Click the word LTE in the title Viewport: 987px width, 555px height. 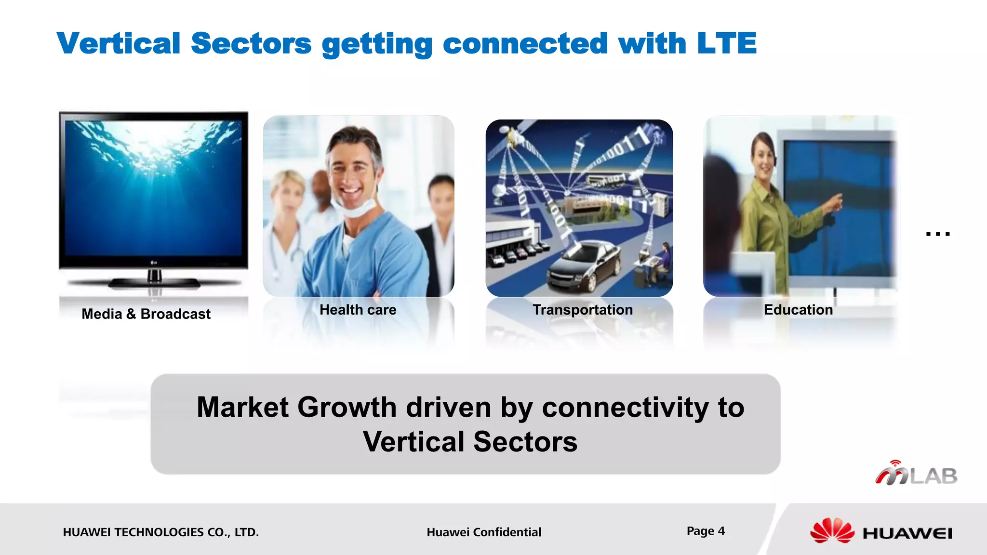(x=727, y=43)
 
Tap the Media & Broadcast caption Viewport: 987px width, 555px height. (x=146, y=314)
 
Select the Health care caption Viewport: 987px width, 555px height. (x=358, y=310)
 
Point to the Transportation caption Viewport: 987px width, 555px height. (x=582, y=310)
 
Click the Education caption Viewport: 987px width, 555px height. (x=798, y=310)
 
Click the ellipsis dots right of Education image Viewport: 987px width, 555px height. (x=937, y=234)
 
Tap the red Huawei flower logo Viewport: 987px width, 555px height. (x=832, y=531)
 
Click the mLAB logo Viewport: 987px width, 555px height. (x=916, y=474)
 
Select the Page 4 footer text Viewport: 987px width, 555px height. (x=706, y=531)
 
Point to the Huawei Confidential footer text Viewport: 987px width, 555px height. (x=484, y=532)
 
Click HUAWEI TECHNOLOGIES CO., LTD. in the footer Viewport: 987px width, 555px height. (x=160, y=532)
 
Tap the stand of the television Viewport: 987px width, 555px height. (x=154, y=279)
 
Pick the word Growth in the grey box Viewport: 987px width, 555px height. (x=347, y=408)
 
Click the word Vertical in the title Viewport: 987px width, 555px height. (x=119, y=43)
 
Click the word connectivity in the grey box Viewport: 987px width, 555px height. (x=625, y=408)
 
